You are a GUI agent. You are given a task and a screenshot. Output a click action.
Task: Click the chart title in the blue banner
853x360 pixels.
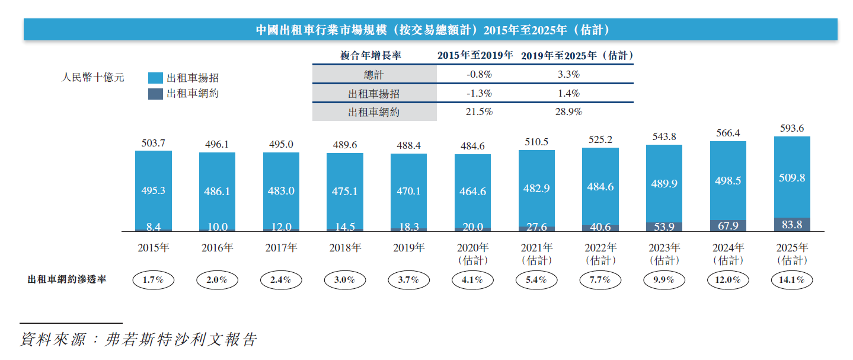[430, 30]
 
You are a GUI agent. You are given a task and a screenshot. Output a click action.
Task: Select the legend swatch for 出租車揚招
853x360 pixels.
[155, 78]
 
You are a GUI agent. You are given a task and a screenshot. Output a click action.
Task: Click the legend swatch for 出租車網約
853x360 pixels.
[155, 94]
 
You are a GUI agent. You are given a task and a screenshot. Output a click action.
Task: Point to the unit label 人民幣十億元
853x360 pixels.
[93, 78]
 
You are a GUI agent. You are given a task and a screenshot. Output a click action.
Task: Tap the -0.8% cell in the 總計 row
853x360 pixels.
[479, 75]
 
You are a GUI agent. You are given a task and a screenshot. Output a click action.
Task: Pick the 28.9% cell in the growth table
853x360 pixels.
[567, 111]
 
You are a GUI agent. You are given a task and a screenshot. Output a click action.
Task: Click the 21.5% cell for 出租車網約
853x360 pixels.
[479, 111]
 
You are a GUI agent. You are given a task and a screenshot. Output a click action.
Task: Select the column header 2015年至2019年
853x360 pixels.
[475, 56]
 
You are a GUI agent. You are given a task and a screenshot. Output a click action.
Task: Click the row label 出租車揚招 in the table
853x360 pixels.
[373, 93]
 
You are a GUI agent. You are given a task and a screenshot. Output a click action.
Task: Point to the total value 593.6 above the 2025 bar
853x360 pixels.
[792, 128]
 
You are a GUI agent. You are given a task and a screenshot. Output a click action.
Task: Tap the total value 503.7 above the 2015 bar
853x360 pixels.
[153, 142]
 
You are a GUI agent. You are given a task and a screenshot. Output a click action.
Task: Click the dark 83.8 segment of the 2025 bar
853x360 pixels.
[792, 225]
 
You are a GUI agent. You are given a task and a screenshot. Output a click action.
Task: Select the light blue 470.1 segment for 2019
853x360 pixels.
[408, 190]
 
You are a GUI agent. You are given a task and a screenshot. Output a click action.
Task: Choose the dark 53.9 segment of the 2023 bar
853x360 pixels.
[664, 227]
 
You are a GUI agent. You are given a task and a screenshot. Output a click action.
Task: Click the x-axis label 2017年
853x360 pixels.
[281, 248]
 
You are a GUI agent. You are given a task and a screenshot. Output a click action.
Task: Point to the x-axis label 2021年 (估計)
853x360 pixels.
[536, 254]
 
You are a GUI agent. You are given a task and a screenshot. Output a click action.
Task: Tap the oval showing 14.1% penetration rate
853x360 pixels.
[792, 280]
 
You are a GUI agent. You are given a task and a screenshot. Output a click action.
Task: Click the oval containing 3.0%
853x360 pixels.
[344, 280]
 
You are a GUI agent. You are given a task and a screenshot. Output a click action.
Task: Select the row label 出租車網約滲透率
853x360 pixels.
[67, 279]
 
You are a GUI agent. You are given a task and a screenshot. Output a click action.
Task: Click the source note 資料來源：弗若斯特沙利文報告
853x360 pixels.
[139, 340]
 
